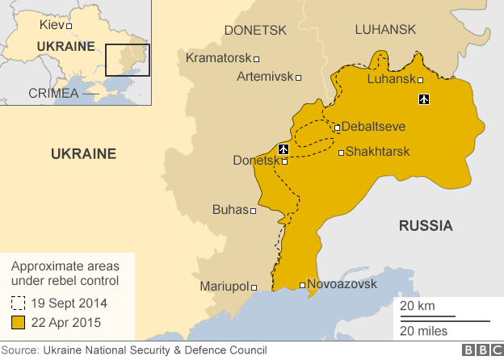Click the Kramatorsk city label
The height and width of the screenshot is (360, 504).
[x=218, y=58]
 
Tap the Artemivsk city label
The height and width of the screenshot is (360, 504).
[x=265, y=77]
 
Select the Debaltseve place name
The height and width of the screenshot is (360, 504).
[x=373, y=127]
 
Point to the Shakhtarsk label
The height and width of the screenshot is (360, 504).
[x=377, y=152]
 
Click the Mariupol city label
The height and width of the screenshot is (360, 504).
[x=224, y=287]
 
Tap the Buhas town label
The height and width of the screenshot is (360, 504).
[x=229, y=210]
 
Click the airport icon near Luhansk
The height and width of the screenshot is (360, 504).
[x=425, y=99]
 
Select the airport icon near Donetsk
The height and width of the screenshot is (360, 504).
[x=283, y=149]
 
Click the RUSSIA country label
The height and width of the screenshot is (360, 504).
[x=426, y=226]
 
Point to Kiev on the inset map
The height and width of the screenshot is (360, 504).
[x=52, y=25]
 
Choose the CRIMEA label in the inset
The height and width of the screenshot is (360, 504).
[x=53, y=93]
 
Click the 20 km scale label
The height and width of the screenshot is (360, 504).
[x=417, y=306]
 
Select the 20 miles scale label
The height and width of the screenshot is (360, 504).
[x=424, y=331]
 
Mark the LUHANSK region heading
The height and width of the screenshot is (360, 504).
[x=385, y=30]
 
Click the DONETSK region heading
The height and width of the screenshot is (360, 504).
[x=255, y=30]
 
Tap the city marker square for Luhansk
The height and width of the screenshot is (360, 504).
[x=421, y=79]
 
